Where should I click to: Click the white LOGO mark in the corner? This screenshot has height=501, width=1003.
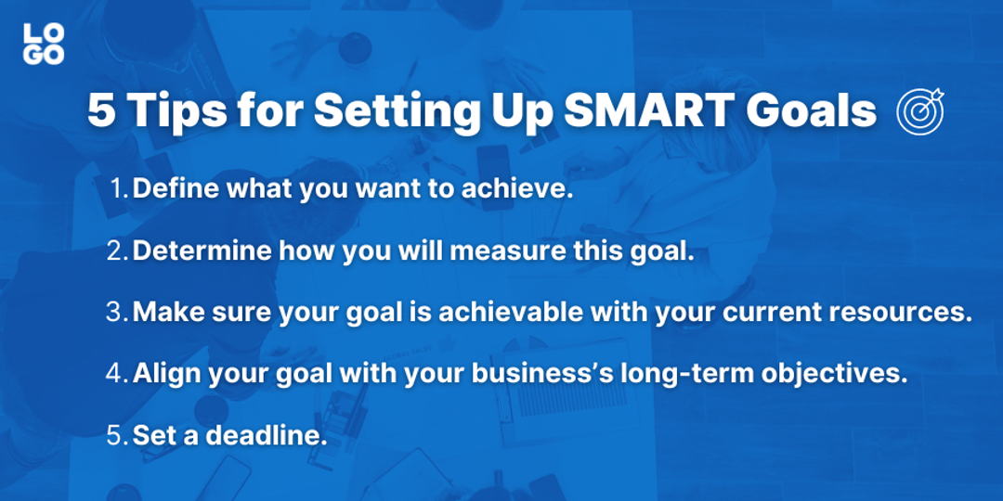coord(44,43)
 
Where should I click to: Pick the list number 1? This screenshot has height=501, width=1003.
coord(118,189)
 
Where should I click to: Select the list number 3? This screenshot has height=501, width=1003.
coord(116,312)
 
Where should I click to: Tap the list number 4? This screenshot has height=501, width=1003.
coord(116,373)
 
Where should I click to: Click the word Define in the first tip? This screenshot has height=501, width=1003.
coord(172,189)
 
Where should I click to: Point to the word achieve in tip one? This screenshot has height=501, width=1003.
coord(526,189)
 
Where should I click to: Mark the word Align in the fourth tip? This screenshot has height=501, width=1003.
coord(163,373)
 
